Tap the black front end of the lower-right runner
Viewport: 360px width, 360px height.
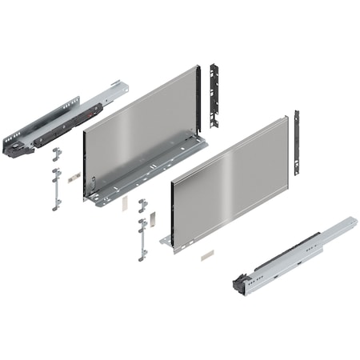coord(239,282)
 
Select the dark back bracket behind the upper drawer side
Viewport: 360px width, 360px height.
coord(214,94)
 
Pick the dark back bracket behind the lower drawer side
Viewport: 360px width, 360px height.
coord(296,142)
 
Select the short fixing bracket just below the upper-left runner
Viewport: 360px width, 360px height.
coord(57,153)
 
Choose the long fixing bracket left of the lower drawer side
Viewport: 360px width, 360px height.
coord(143,238)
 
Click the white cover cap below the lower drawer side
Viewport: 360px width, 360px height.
coord(207,255)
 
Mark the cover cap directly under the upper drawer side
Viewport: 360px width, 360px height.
coord(125,202)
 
